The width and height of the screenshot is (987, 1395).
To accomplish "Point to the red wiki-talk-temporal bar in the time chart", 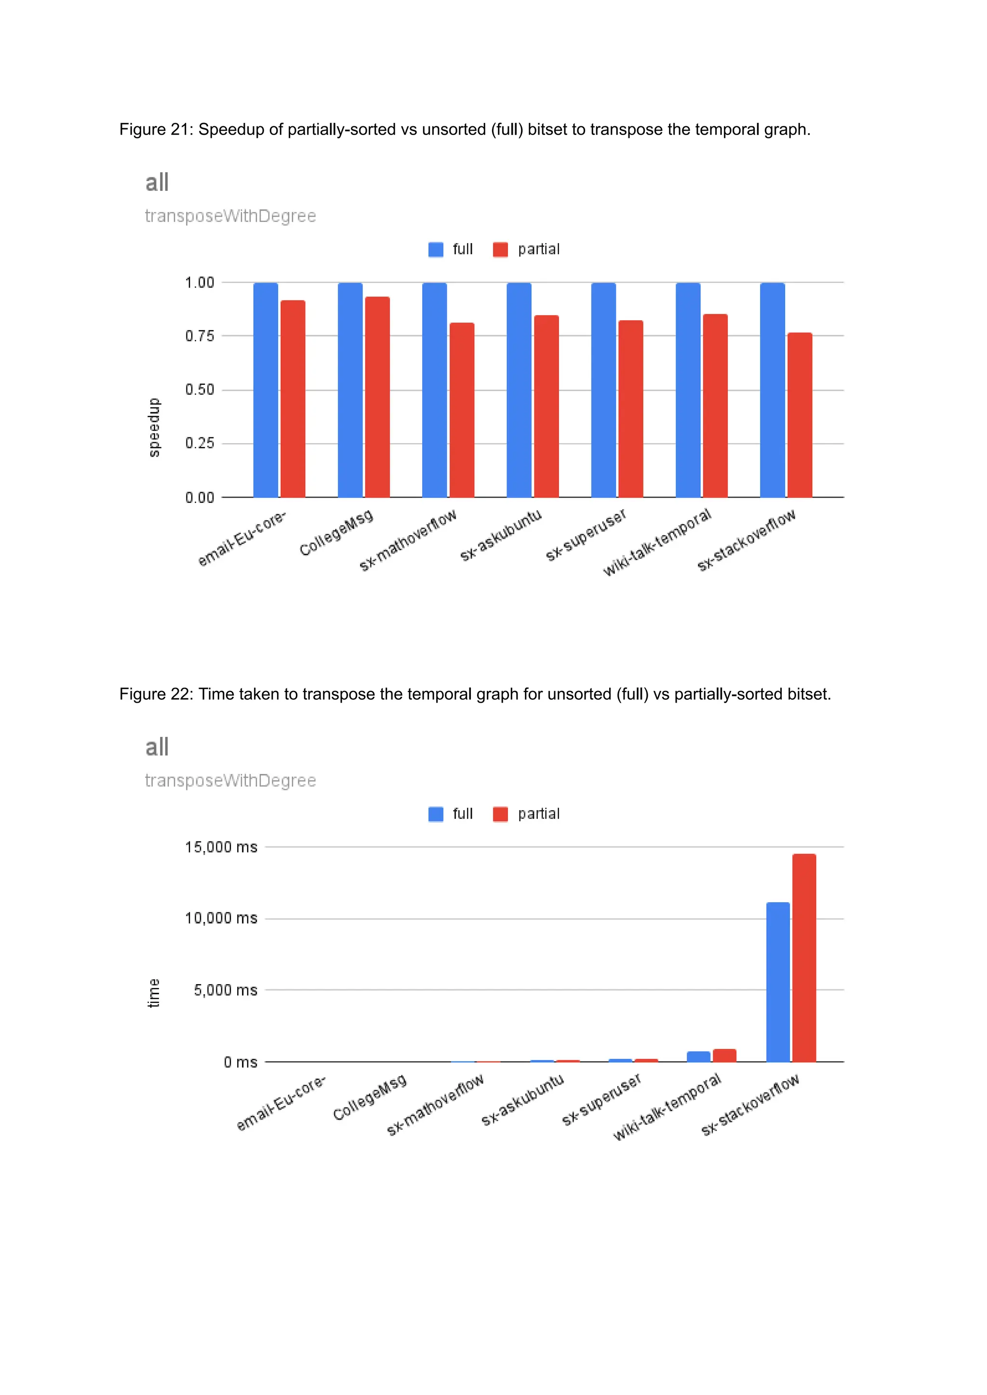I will (724, 1055).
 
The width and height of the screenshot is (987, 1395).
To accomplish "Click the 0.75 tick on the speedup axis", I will (200, 336).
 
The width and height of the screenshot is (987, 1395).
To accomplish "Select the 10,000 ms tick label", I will (221, 918).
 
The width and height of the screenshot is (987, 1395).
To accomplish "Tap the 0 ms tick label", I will (240, 1062).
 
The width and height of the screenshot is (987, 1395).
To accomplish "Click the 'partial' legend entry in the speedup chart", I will (538, 249).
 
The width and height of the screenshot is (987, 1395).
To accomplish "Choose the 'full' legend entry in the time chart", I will (462, 813).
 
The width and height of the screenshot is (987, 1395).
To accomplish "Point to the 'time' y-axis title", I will (154, 992).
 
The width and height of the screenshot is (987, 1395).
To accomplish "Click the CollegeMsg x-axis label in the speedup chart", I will (336, 533).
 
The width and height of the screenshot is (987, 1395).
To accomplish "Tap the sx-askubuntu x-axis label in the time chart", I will (523, 1099).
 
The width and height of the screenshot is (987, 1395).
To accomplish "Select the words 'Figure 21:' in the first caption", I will (156, 130).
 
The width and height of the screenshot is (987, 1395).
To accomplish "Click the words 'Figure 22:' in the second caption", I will (156, 694).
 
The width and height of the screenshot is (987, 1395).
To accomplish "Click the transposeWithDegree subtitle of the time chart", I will (230, 780).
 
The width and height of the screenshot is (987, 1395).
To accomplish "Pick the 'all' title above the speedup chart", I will (157, 182).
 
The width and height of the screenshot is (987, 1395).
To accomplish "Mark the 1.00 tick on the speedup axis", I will (200, 282).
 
